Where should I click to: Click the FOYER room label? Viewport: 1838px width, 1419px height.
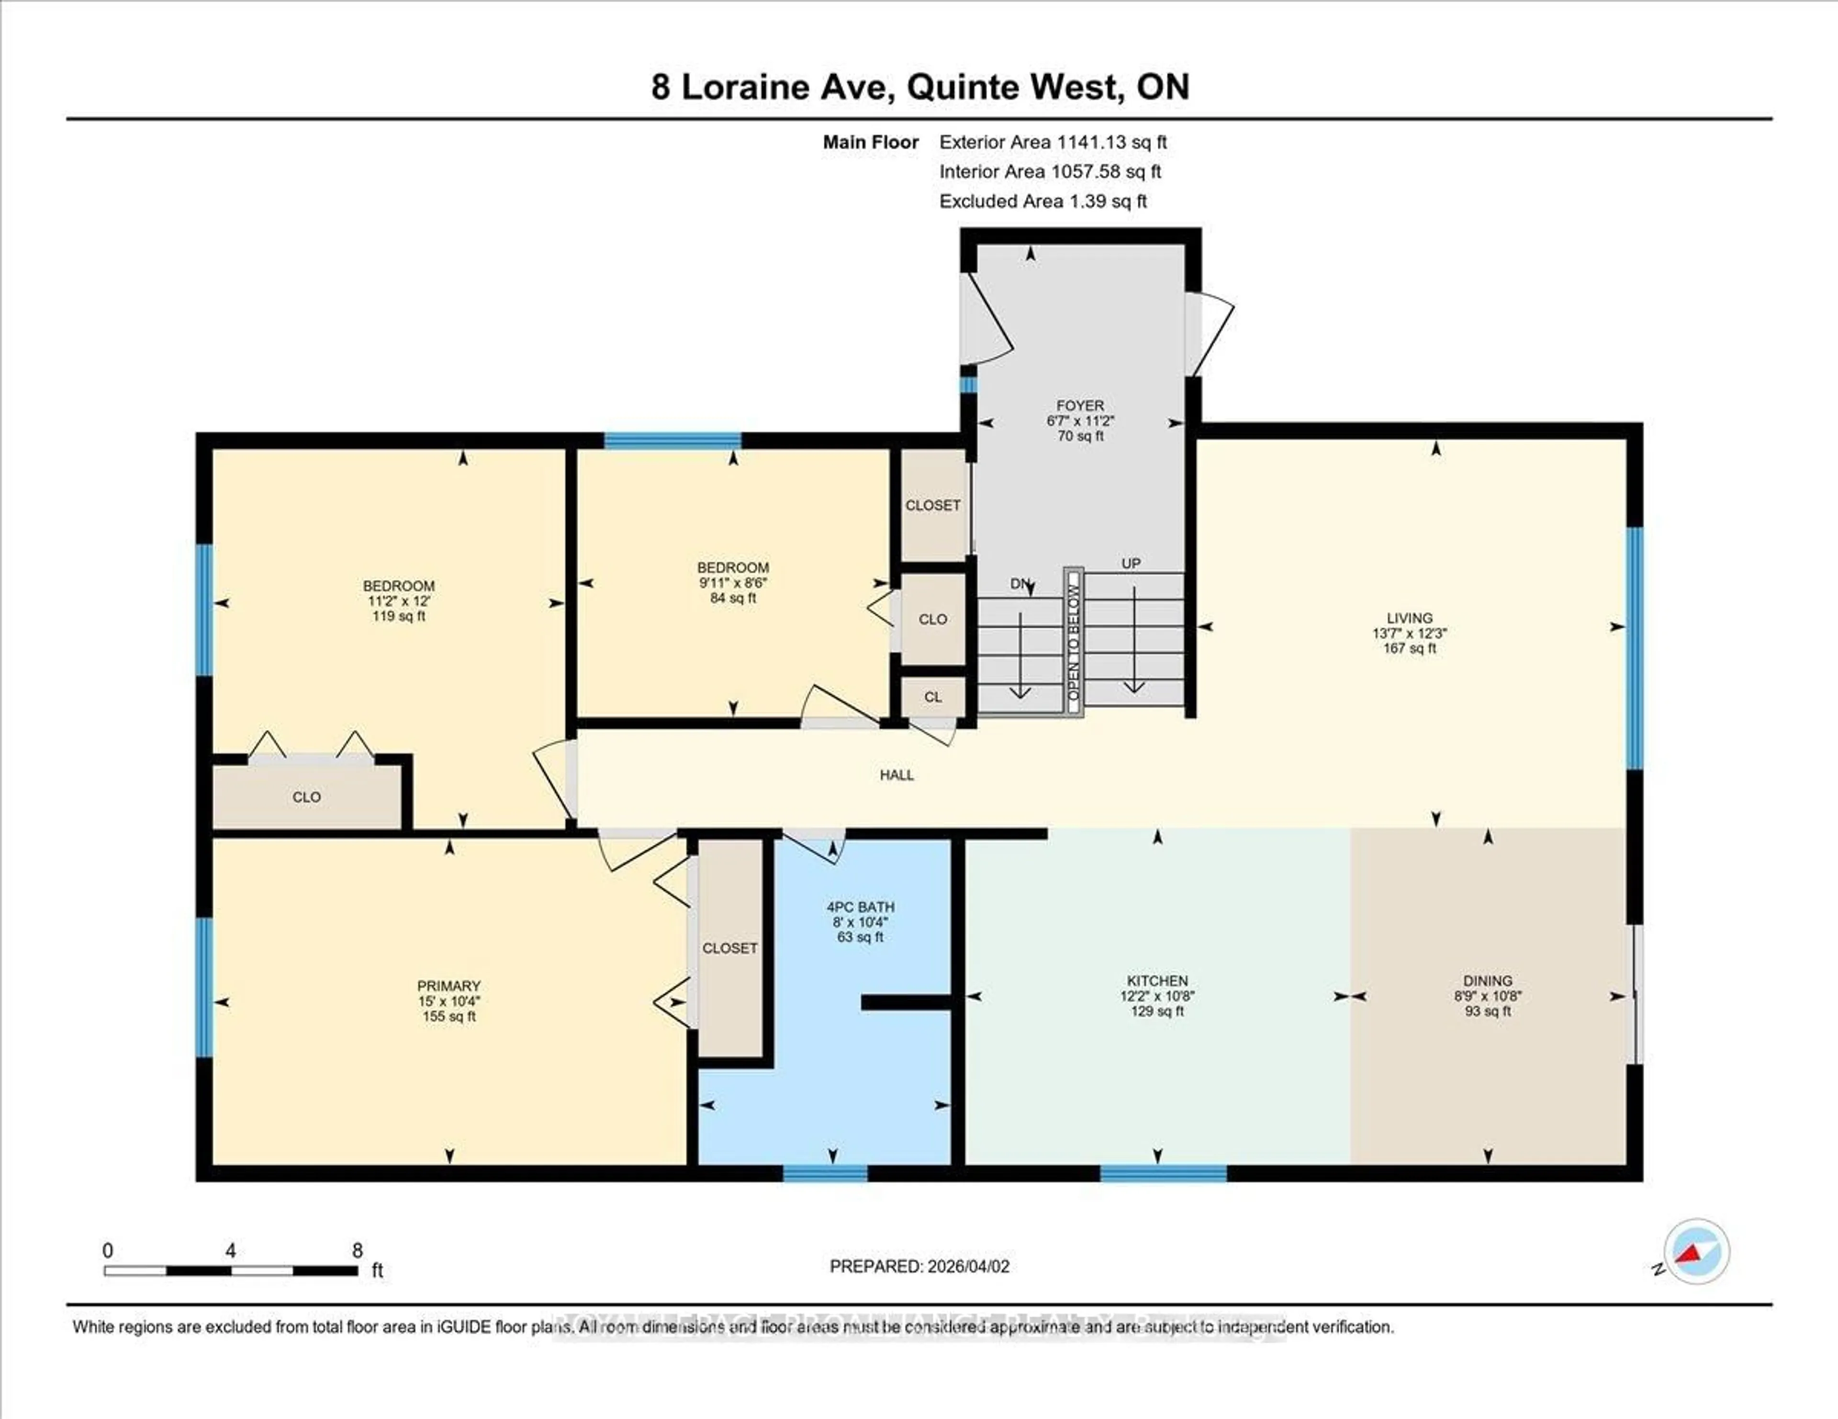tap(1080, 405)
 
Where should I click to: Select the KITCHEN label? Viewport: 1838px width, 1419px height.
tap(1157, 981)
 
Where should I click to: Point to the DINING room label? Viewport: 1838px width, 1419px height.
tap(1487, 981)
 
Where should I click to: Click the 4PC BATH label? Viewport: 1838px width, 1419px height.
tap(860, 907)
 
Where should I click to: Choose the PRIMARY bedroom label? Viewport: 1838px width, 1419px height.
tap(448, 986)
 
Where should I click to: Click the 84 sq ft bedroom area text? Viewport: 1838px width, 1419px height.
tap(732, 598)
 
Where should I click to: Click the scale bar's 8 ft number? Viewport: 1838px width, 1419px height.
tap(358, 1251)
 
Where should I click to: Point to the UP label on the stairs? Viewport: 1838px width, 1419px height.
tap(1130, 564)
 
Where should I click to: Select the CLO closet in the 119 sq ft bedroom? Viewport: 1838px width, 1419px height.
tap(306, 797)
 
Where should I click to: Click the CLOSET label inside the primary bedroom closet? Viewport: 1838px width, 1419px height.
tap(729, 948)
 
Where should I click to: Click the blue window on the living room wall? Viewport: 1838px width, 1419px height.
tap(1634, 648)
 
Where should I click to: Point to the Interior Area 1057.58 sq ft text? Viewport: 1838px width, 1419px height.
tap(1050, 172)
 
